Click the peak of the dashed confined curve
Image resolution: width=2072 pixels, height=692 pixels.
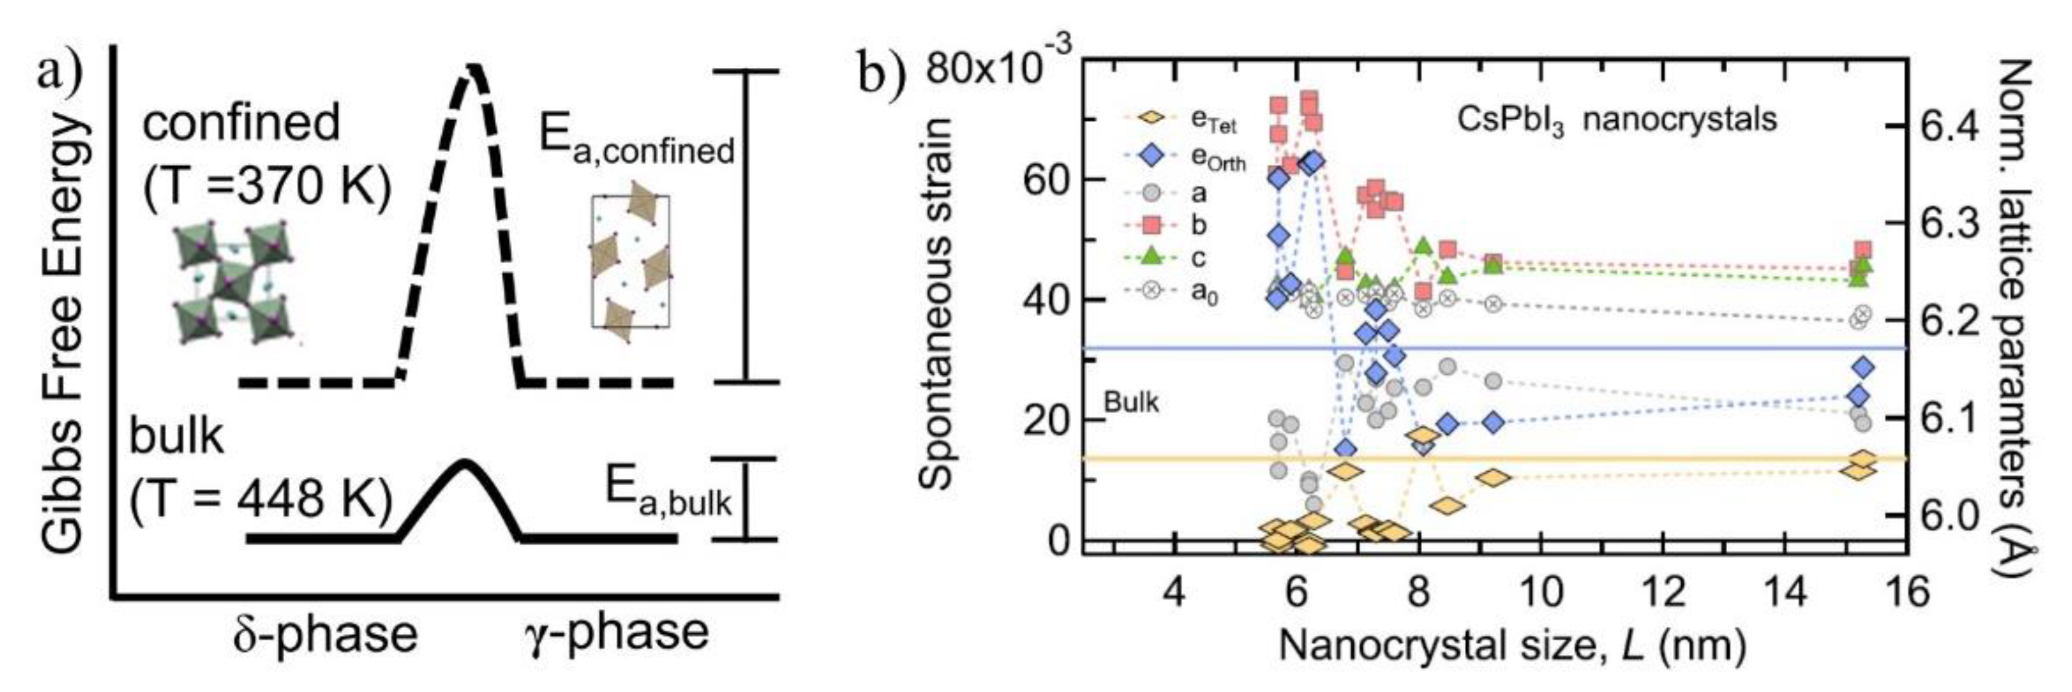coord(473,69)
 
